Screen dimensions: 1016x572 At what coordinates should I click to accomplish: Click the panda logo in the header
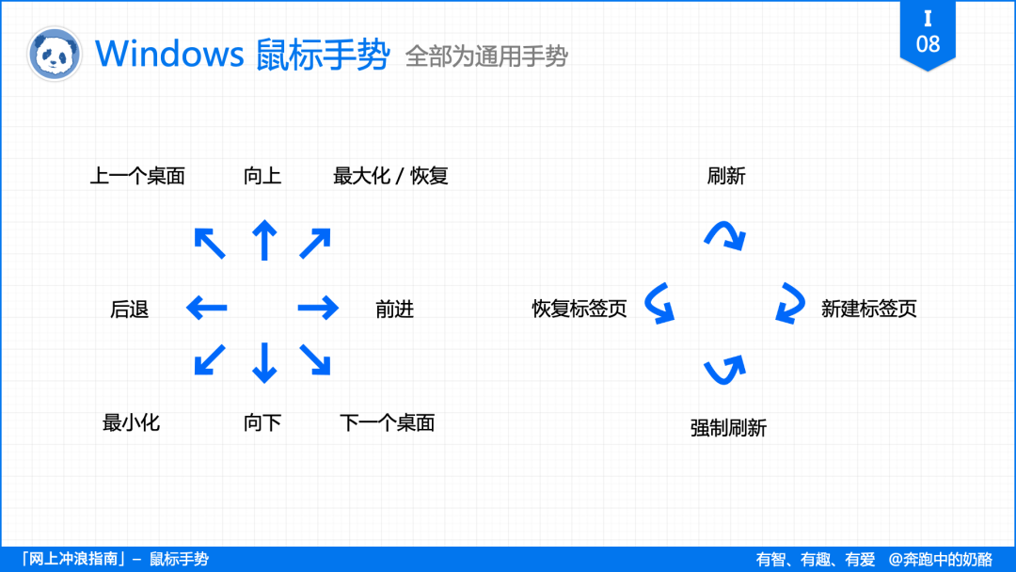(x=55, y=55)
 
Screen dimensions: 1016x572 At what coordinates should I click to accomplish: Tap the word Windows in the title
(x=169, y=53)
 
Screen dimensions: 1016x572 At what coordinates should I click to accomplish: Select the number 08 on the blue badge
(x=928, y=44)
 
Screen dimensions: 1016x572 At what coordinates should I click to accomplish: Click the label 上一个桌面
(x=137, y=176)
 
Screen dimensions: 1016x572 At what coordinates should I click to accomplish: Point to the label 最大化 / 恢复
(x=390, y=176)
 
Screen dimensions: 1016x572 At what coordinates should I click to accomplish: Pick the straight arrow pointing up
(x=264, y=240)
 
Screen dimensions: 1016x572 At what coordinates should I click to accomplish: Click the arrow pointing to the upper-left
(x=210, y=243)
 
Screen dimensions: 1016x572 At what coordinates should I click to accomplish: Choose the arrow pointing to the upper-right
(x=315, y=243)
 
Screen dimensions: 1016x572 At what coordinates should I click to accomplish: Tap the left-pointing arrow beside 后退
(x=207, y=308)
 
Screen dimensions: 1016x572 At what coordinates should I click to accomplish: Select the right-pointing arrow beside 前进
(x=318, y=308)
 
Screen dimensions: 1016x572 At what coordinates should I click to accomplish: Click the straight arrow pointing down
(x=264, y=363)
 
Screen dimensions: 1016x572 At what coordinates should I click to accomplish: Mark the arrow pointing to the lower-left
(x=210, y=359)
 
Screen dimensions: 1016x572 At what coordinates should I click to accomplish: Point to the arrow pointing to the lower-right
(x=315, y=359)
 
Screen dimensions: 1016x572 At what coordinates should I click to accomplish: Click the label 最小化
(x=131, y=423)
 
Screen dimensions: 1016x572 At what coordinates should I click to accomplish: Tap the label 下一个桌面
(x=388, y=423)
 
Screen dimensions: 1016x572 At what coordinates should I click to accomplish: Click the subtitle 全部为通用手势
(x=486, y=56)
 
